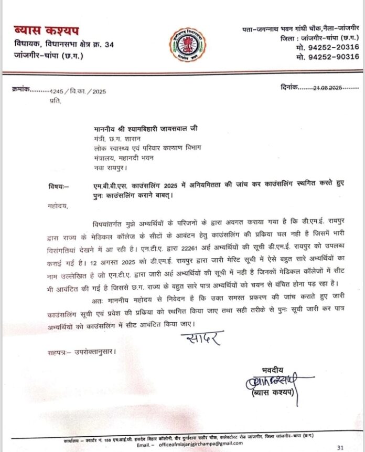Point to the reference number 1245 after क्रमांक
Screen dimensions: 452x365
[55, 91]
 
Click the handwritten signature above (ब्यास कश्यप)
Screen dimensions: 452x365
[270, 381]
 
